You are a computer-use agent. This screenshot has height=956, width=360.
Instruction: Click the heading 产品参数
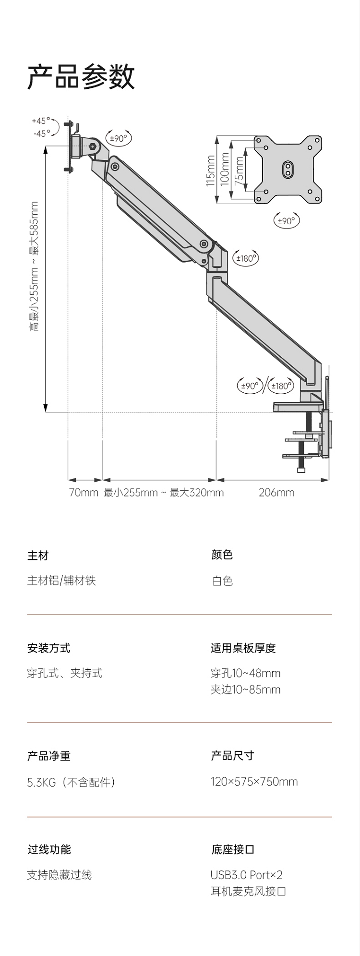81,77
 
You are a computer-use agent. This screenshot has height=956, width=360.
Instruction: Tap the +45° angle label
41,121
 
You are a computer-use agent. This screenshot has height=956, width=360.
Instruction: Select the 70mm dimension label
84,493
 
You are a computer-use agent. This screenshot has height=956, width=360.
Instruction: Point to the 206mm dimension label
276,493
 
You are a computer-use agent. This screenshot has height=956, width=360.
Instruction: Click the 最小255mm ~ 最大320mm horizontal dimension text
164,493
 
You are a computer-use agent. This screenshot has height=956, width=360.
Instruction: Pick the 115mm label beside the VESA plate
211,171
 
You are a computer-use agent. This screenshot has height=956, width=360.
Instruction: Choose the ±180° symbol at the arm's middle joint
246,258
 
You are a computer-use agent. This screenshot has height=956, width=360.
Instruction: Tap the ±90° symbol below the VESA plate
286,221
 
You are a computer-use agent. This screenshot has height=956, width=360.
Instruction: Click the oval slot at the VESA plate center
288,169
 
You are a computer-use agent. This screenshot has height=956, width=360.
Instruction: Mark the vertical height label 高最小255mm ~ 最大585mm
34,266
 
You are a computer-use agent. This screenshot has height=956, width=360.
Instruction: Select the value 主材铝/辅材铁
61,581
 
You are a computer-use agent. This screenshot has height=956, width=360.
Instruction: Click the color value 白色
222,581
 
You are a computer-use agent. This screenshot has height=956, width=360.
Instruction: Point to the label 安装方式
48,648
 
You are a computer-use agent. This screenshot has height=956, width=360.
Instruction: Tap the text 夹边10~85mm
245,690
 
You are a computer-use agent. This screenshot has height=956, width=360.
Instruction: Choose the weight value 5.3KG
41,782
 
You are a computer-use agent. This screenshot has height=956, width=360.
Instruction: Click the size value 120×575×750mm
254,782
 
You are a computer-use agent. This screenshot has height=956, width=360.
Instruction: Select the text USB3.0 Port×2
246,875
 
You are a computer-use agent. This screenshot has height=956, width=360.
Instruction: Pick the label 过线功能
48,849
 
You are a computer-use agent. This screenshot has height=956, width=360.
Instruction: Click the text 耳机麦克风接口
248,891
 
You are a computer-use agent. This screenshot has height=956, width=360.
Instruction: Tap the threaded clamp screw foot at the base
301,469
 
